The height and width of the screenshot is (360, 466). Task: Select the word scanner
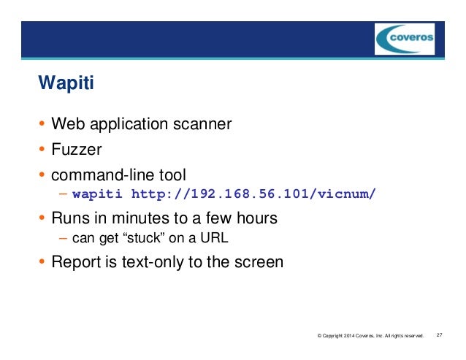click(x=203, y=125)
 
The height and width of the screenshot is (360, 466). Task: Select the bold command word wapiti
click(x=97, y=195)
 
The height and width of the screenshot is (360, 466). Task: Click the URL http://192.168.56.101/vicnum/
click(x=253, y=195)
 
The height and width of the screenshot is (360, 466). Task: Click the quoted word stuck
click(x=142, y=239)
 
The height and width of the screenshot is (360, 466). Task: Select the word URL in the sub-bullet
click(x=206, y=239)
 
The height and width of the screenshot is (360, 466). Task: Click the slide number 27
click(x=440, y=336)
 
